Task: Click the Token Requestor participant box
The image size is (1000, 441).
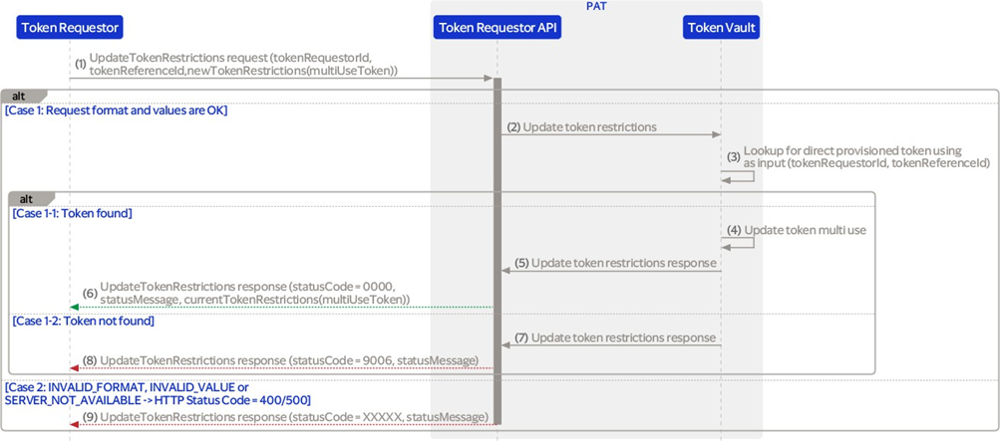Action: tap(70, 27)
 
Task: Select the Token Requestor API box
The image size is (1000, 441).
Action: tap(498, 27)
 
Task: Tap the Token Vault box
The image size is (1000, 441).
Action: tap(721, 27)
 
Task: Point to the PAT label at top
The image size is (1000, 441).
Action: tap(595, 6)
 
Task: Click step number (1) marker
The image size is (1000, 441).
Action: tap(81, 65)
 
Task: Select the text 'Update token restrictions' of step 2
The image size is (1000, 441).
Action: tap(590, 126)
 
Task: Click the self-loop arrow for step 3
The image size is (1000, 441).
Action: tap(738, 175)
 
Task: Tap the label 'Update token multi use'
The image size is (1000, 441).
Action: tap(806, 230)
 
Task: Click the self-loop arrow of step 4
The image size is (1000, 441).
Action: tap(738, 243)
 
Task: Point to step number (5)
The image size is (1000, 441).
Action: tap(522, 262)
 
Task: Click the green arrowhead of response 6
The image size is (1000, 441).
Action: tap(74, 308)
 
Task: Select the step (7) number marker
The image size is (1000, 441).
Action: tap(522, 337)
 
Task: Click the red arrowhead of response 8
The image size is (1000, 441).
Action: tap(74, 367)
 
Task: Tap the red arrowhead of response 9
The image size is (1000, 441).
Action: tap(74, 423)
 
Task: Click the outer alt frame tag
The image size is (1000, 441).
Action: tap(22, 96)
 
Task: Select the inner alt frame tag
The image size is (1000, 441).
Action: tap(30, 197)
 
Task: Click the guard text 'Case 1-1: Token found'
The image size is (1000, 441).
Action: tap(72, 214)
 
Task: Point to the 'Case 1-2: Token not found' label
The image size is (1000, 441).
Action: tap(84, 322)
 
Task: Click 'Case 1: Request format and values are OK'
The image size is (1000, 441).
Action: tap(116, 110)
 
